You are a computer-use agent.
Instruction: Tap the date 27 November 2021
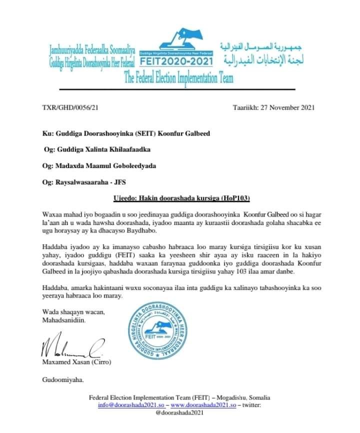(273, 108)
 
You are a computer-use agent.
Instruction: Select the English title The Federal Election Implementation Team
(178, 78)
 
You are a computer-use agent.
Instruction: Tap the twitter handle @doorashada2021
(179, 413)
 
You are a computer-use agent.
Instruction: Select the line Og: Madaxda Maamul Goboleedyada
(100, 166)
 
